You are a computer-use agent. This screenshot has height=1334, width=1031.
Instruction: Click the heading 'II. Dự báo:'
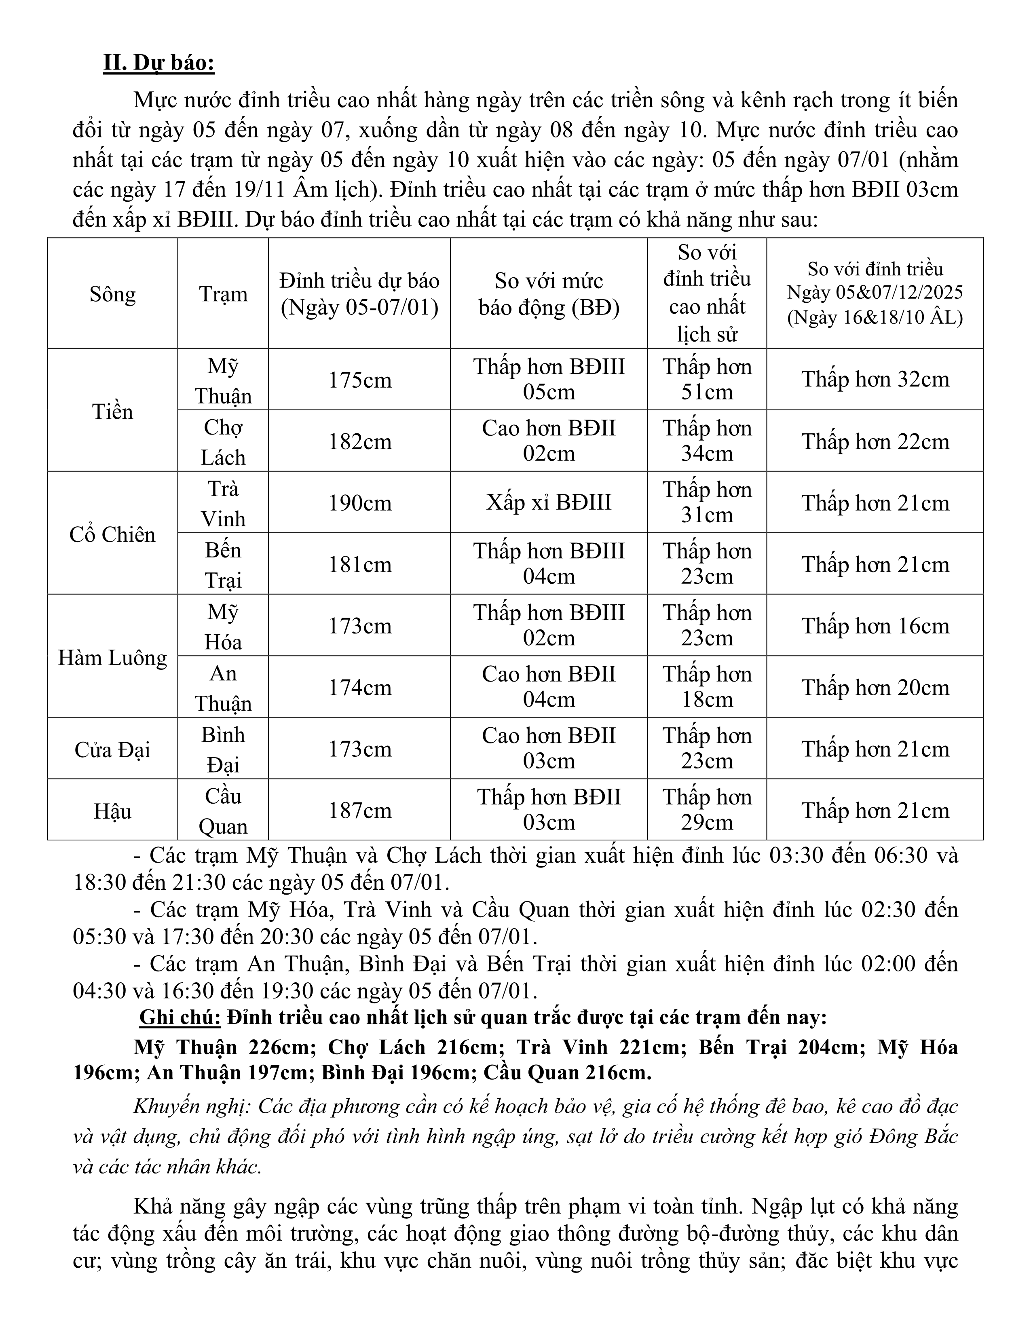tap(159, 63)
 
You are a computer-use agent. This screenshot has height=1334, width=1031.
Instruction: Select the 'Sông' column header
tap(112, 294)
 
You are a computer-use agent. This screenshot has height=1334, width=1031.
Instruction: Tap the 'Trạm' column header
tap(223, 294)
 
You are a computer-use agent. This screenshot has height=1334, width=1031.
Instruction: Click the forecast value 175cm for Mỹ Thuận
tap(360, 380)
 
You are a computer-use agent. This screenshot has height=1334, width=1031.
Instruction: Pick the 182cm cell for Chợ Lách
tap(360, 441)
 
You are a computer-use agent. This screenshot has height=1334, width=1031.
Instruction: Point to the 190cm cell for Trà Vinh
tap(360, 503)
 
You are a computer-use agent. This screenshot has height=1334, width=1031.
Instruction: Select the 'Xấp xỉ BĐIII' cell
tap(549, 503)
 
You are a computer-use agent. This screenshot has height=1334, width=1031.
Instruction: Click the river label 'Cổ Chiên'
tap(112, 534)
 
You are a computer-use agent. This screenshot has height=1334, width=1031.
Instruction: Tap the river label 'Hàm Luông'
tap(112, 658)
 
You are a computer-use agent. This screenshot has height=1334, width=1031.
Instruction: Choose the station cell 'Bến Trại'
tap(223, 564)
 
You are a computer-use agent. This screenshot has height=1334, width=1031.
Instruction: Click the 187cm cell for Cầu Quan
tap(360, 811)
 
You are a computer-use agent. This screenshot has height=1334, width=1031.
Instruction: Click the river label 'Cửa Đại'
tap(112, 749)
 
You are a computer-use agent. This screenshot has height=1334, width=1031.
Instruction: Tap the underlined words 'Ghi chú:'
tap(180, 1017)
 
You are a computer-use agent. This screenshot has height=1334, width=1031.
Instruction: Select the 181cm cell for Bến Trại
tap(360, 564)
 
